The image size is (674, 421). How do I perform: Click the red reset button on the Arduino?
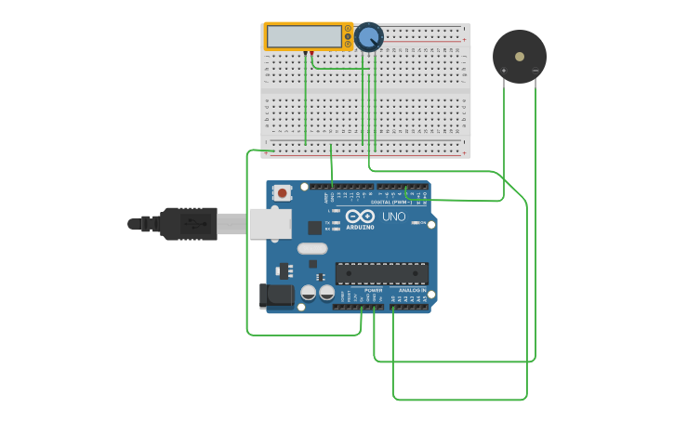coord(282,193)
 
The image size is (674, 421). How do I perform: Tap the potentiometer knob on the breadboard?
coord(368,37)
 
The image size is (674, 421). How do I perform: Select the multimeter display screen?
coord(303,36)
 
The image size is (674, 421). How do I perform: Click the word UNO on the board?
coord(394,217)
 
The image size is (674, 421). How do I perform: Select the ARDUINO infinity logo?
coord(360,217)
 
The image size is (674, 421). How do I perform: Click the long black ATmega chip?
coord(381,273)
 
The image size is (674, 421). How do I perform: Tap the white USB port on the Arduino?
coord(270,223)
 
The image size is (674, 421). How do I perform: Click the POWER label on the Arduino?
coord(373,290)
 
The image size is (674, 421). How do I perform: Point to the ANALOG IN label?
coord(412,290)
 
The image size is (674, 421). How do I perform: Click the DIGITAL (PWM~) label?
coord(390,202)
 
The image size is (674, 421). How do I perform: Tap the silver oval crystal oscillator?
coord(312,248)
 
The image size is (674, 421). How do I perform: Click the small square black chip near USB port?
coord(314,227)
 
